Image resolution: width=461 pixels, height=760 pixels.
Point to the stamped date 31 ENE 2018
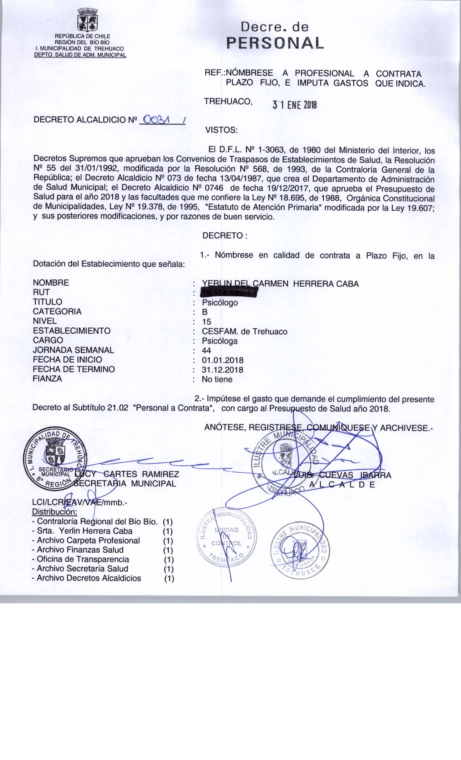click(x=295, y=105)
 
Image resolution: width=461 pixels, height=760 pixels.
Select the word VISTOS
click(x=221, y=130)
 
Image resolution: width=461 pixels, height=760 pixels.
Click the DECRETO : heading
click(x=225, y=236)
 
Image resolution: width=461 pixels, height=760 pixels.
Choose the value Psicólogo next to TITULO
click(x=220, y=303)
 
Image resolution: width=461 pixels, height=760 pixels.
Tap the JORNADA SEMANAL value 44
click(x=207, y=350)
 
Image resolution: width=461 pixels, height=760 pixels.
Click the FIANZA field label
click(x=47, y=379)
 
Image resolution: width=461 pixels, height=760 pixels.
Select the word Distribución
click(x=55, y=512)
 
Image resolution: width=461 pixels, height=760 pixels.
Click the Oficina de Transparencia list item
click(x=83, y=559)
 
